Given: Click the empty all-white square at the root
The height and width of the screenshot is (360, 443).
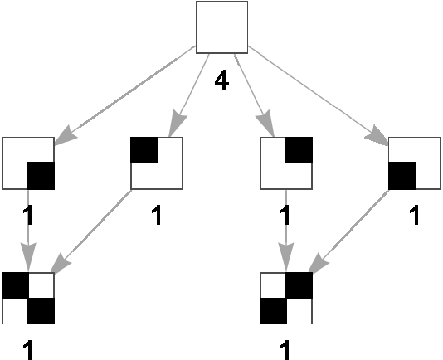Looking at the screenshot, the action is click(x=221, y=27).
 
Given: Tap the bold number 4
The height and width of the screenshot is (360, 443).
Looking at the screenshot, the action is click(x=221, y=80).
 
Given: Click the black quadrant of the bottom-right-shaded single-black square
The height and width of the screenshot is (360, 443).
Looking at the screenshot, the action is click(x=41, y=176).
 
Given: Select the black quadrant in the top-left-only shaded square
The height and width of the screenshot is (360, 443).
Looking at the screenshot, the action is click(x=144, y=150).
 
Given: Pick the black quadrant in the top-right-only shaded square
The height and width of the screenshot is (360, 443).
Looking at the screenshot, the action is click(x=299, y=150).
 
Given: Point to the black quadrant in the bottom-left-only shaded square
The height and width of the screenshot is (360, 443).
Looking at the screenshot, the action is click(x=402, y=176).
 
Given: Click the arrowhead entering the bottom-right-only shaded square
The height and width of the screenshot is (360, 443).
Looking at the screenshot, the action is click(x=66, y=136).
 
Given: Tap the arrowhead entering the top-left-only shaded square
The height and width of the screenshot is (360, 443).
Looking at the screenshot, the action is click(x=178, y=124).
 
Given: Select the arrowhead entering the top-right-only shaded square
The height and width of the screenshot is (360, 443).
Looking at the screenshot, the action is click(x=265, y=124).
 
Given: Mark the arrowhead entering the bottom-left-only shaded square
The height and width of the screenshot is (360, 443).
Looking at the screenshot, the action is click(x=377, y=136).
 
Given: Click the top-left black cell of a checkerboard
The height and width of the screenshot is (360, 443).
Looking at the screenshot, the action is click(x=16, y=285).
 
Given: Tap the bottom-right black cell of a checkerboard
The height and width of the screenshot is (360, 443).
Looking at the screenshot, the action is click(x=41, y=311).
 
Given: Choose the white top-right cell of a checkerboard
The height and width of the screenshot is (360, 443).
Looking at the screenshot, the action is click(x=41, y=285).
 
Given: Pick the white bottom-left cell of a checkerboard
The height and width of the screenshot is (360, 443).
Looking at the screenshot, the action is click(x=15, y=311).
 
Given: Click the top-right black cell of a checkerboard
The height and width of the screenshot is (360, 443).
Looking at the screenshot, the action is click(x=299, y=285).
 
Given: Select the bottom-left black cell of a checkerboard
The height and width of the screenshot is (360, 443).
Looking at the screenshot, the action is click(x=273, y=311).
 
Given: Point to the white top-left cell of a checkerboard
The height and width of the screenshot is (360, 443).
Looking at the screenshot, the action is click(x=273, y=285).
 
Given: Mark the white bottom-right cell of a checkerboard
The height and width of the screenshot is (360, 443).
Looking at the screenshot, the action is click(x=299, y=311).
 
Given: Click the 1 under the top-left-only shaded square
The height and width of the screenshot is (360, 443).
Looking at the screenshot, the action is click(x=157, y=216).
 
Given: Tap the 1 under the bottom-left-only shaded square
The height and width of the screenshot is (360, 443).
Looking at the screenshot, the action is click(x=415, y=216).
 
